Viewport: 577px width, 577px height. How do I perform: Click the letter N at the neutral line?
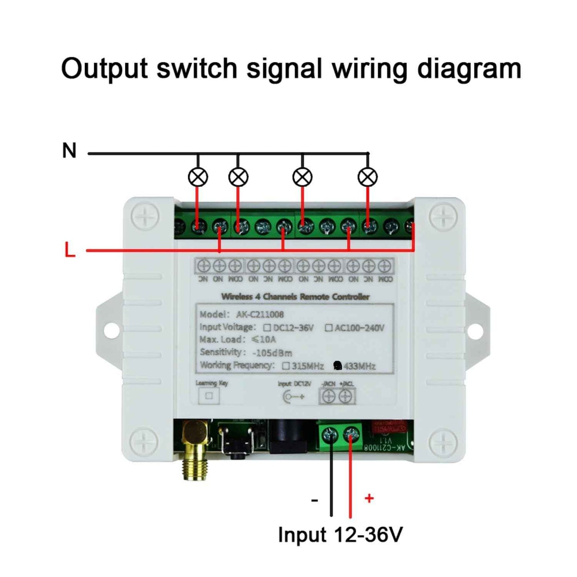(x=69, y=151)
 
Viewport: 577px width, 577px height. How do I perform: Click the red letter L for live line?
(x=70, y=250)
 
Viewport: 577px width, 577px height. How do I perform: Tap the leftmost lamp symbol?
(x=198, y=177)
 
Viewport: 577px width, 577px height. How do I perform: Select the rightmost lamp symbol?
(x=367, y=177)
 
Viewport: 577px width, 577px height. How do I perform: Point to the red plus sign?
(x=369, y=498)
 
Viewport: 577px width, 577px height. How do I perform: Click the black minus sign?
(x=315, y=500)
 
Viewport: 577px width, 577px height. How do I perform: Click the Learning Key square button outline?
(x=209, y=396)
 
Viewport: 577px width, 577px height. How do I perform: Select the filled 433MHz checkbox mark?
(x=337, y=365)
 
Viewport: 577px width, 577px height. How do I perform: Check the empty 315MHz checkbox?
(x=286, y=366)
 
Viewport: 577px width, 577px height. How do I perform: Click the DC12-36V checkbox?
(x=267, y=328)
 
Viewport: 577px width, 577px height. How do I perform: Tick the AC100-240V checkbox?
(x=329, y=328)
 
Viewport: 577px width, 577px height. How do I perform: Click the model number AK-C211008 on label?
(x=260, y=314)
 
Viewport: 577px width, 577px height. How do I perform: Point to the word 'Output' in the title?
(x=105, y=69)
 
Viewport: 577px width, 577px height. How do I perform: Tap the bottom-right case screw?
(x=443, y=442)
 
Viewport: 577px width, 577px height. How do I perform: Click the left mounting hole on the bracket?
(x=111, y=330)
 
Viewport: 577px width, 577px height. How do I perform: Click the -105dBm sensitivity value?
(x=272, y=353)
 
